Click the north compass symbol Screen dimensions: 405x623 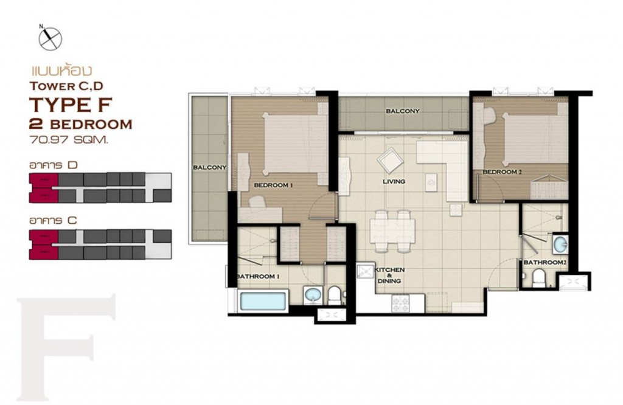51,38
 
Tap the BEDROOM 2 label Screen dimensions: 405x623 503,172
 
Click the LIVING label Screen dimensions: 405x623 394,181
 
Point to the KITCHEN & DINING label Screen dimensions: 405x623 389,275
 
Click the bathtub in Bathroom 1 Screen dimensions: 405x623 263,301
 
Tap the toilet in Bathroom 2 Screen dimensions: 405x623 538,279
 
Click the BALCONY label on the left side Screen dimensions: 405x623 210,167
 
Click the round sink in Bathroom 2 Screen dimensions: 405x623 560,246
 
